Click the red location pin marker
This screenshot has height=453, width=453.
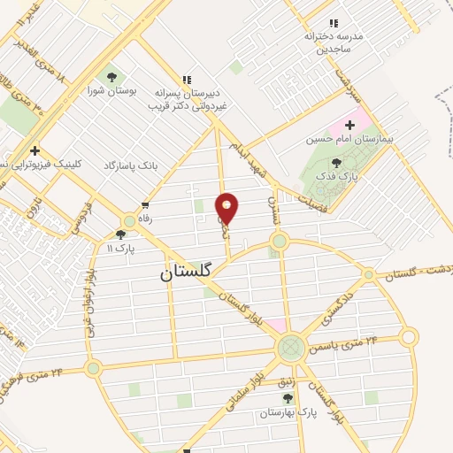(x=227, y=208)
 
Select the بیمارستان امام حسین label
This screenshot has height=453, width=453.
(x=350, y=140)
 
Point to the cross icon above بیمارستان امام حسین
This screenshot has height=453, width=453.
(x=349, y=125)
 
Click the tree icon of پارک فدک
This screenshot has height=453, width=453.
(x=335, y=162)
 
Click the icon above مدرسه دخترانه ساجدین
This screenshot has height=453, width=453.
(x=333, y=23)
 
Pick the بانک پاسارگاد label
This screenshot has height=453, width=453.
(x=130, y=165)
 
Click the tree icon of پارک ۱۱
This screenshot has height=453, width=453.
(x=120, y=234)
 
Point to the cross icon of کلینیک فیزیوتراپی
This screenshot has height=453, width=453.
(x=35, y=150)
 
